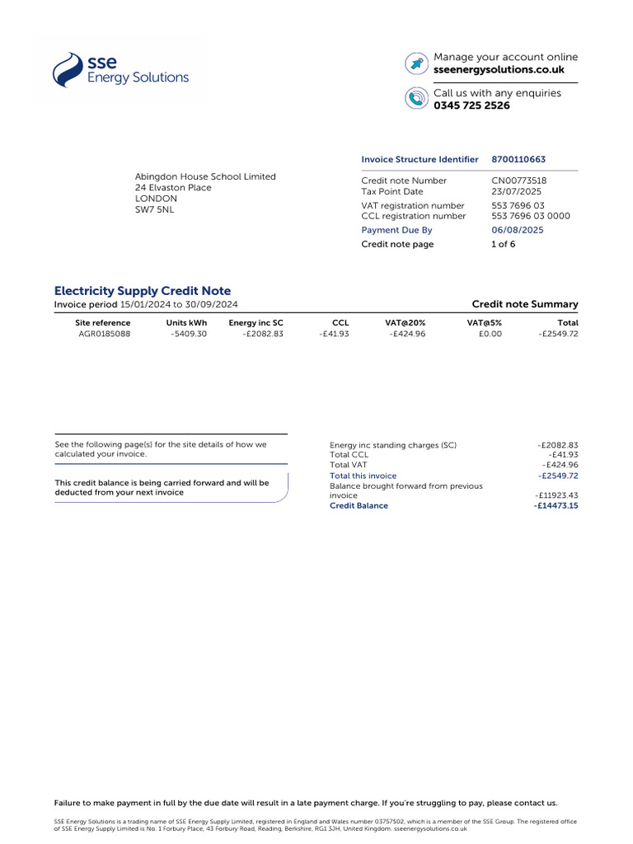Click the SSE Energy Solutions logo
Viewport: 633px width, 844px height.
120,70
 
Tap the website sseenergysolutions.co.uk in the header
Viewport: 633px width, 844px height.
499,70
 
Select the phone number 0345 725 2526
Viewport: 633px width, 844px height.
471,105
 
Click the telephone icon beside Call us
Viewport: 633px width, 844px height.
416,99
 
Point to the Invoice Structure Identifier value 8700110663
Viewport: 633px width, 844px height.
518,159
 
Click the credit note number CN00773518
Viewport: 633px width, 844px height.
518,181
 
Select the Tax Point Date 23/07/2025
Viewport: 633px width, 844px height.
516,191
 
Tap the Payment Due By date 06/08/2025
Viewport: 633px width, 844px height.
518,230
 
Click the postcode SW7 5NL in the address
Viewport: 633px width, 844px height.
154,209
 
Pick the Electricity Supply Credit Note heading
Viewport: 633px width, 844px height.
143,291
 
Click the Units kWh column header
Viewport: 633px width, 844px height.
186,323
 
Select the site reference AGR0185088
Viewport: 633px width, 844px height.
104,334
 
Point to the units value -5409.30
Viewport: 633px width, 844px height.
189,334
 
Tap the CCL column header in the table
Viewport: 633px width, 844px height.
340,323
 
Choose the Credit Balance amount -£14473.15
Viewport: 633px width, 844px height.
556,505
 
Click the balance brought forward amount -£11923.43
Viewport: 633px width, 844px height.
556,495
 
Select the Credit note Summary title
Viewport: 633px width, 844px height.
524,304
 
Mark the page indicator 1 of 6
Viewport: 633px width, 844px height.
503,244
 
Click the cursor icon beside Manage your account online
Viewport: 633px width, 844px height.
416,63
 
